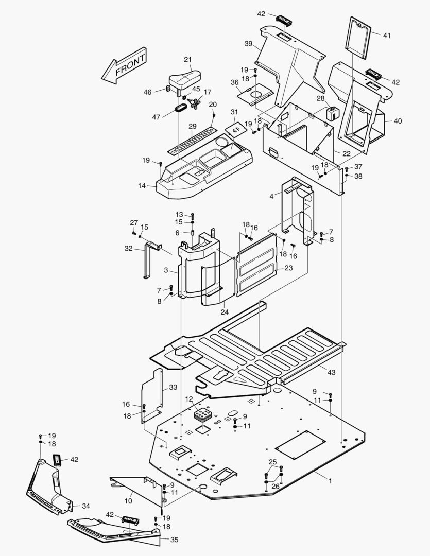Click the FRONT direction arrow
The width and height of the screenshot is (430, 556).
click(124, 66)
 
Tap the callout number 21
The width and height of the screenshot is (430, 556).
click(187, 60)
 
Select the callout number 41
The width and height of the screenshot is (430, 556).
click(387, 36)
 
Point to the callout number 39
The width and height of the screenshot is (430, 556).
click(248, 44)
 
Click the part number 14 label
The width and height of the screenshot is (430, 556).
click(142, 185)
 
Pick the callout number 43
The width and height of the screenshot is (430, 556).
click(331, 372)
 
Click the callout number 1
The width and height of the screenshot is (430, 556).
click(330, 481)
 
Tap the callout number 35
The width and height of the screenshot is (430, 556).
click(174, 540)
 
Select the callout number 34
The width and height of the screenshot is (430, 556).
click(86, 506)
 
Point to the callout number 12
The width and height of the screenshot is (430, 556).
click(189, 399)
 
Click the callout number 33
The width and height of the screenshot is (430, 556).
click(173, 387)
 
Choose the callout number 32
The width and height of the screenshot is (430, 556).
click(128, 249)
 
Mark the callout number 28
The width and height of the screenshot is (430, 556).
click(320, 98)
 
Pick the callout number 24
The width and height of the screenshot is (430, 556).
click(225, 312)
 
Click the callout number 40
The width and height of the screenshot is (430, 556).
click(398, 121)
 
